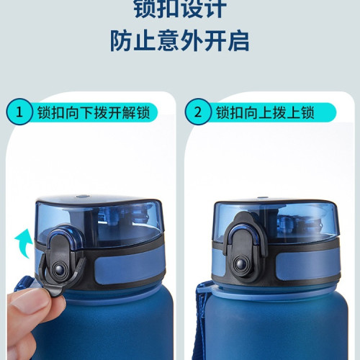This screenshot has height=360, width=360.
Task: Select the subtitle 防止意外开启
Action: click(179, 40)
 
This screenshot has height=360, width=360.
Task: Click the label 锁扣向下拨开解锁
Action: click(94, 113)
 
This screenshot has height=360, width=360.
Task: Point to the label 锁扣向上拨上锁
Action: click(266, 113)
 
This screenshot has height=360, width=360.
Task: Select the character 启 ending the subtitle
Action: click(238, 40)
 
